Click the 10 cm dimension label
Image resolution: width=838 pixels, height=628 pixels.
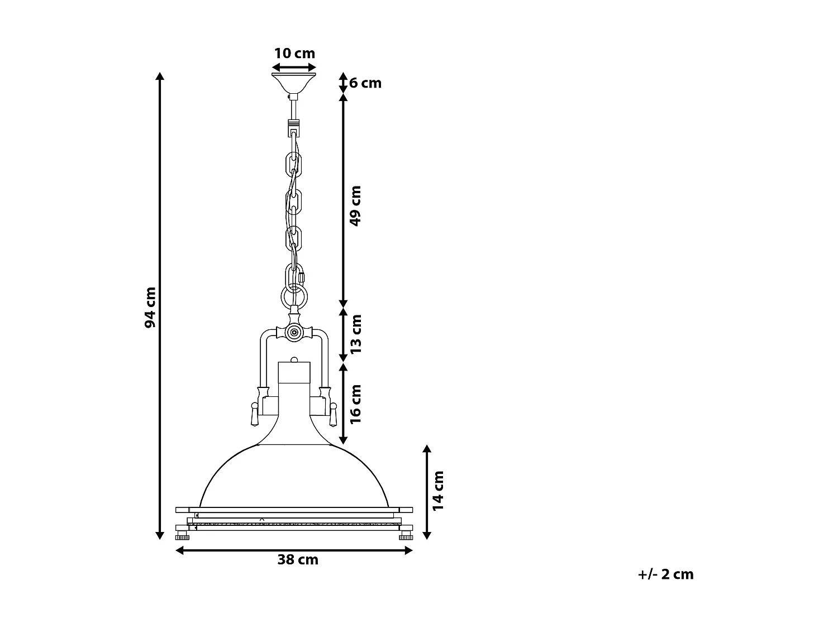tap(294, 54)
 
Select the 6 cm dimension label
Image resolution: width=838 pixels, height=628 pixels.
tap(365, 83)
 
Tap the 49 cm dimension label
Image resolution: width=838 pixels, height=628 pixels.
tap(355, 205)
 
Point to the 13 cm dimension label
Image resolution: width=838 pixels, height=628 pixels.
tap(356, 334)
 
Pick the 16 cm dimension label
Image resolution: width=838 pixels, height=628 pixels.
tap(356, 404)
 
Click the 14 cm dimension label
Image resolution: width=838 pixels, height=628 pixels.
tap(438, 490)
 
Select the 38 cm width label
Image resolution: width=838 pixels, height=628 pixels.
tap(298, 560)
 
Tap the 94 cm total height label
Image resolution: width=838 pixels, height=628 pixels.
tap(150, 308)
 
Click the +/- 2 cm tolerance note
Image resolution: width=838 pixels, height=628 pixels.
tap(665, 574)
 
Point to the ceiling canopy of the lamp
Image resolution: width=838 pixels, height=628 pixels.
tap(294, 82)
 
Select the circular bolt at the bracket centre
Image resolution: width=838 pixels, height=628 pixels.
tap(294, 333)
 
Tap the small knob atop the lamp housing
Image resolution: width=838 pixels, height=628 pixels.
tap(294, 359)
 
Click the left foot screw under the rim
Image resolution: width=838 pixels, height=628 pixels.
tap(182, 537)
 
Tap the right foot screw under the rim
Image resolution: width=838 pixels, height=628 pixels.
tap(406, 537)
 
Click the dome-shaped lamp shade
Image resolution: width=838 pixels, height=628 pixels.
tap(294, 474)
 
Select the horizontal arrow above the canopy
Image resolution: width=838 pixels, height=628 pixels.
tap(294, 67)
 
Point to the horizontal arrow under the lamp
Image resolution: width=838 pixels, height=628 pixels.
tap(294, 550)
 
